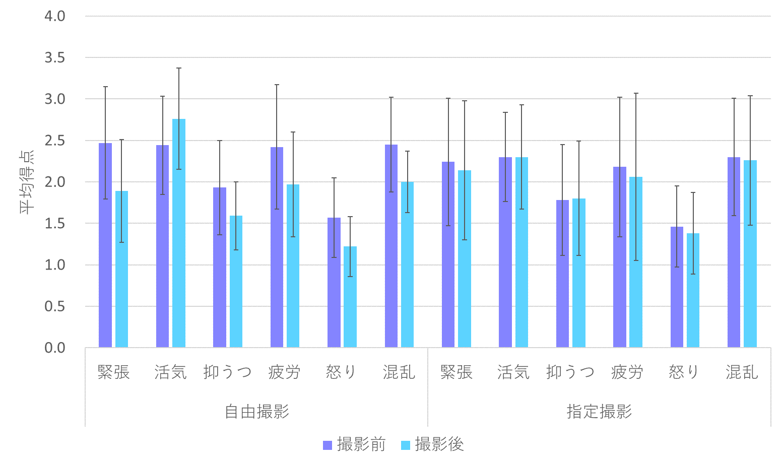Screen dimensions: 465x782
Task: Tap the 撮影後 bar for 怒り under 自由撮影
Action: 350,297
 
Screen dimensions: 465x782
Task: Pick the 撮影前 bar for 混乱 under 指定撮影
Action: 734,252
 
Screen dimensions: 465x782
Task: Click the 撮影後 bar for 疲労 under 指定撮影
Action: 636,262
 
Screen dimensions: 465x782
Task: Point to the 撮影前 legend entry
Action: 354,445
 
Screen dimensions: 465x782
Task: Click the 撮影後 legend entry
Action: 432,445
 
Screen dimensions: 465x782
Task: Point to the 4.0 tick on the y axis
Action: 55,16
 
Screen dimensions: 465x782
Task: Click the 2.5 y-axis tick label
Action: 55,141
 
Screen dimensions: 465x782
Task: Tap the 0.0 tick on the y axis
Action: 55,348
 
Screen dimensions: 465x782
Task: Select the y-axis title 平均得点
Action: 27,182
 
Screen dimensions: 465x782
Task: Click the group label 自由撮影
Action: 257,412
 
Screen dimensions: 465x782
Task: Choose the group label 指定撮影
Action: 599,412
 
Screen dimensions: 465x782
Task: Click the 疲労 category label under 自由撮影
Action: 285,372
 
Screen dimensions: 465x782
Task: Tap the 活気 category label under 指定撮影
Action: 513,372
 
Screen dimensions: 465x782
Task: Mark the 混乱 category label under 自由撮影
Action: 399,372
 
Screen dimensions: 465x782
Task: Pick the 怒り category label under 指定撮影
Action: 684,372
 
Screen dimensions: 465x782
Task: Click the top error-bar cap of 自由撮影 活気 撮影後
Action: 179,68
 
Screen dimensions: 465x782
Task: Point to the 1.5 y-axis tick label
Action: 55,223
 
